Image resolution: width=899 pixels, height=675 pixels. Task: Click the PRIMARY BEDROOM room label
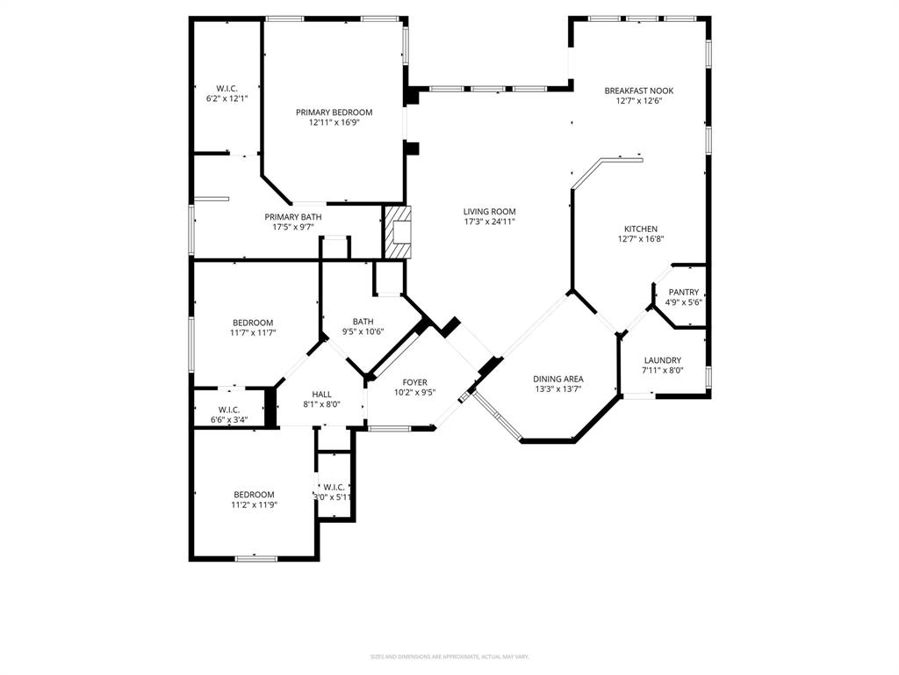click(x=334, y=112)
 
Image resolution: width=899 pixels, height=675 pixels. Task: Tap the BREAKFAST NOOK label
click(x=638, y=91)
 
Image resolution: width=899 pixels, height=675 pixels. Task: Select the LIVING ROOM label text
click(x=489, y=212)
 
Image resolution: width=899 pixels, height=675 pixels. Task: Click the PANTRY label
click(x=684, y=293)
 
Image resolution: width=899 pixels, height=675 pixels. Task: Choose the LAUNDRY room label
click(x=663, y=360)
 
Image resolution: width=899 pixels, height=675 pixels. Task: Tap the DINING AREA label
click(x=558, y=379)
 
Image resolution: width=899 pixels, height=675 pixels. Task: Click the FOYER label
click(x=415, y=382)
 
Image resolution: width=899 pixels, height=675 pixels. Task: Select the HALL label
click(x=322, y=395)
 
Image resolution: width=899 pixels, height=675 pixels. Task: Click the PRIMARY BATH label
click(x=293, y=217)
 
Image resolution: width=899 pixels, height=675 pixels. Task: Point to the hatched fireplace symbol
click(x=396, y=232)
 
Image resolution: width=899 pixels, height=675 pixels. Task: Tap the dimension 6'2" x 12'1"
click(x=227, y=98)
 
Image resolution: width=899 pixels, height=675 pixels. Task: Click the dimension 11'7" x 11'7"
click(x=253, y=333)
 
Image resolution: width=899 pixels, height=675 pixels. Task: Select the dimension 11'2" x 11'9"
click(x=254, y=504)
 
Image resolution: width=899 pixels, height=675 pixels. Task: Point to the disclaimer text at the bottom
click(x=449, y=657)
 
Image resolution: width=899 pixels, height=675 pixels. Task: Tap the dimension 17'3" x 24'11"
click(x=489, y=221)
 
